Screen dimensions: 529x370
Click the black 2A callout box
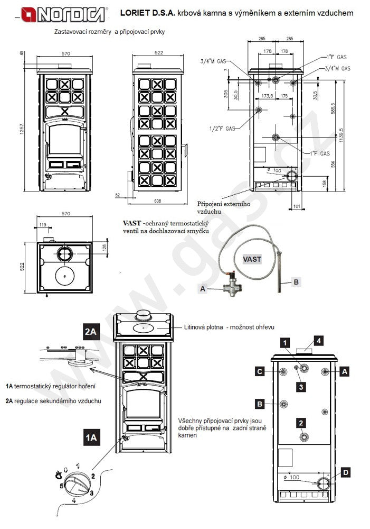(91, 332)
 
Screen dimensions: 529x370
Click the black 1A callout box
(91, 437)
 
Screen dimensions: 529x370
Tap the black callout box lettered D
(345, 472)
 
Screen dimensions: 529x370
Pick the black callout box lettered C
(260, 372)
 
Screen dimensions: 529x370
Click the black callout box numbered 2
(300, 423)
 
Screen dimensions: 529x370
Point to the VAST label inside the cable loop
(252, 259)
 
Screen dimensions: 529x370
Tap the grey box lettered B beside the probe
(296, 282)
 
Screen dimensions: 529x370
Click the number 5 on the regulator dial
(62, 486)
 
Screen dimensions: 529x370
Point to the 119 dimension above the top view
(43, 225)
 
